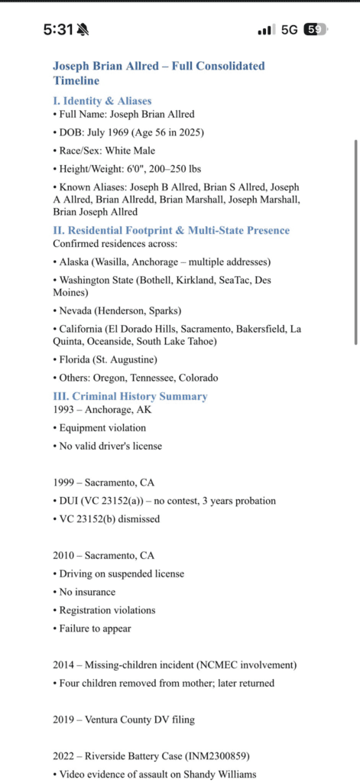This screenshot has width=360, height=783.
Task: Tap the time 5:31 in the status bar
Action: (x=57, y=30)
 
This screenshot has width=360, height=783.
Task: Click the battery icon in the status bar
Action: (x=315, y=30)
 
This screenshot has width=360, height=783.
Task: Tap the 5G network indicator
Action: (x=290, y=30)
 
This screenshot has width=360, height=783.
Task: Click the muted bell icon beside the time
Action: (x=83, y=30)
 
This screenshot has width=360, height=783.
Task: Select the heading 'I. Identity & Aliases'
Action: (x=102, y=100)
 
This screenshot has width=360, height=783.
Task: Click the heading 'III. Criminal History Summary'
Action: (x=130, y=396)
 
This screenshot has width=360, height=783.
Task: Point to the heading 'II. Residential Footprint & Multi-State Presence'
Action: (x=171, y=230)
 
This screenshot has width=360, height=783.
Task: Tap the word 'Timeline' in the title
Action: (x=76, y=80)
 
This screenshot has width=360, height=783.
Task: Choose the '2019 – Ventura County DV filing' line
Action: (x=124, y=719)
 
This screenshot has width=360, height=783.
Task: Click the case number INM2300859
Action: (x=222, y=755)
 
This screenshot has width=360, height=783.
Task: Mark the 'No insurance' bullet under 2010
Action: (x=87, y=592)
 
